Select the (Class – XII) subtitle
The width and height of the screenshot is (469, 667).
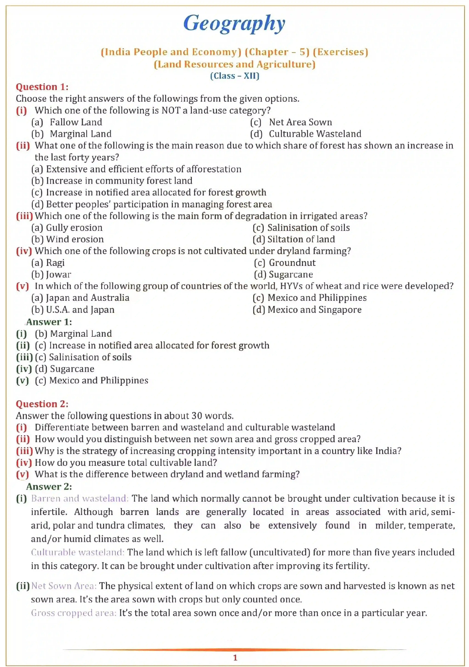234,76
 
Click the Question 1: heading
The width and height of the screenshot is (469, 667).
42,87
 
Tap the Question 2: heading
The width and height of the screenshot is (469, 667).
42,404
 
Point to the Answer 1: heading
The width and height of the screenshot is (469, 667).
49,322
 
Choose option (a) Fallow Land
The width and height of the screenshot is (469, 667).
67,122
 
